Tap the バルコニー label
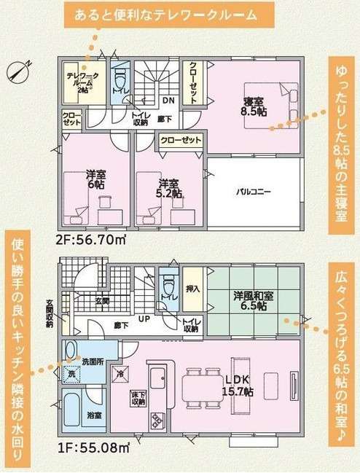pyautogui.click(x=253, y=192)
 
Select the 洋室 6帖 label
pyautogui.click(x=93, y=179)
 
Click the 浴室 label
pyautogui.click(x=95, y=415)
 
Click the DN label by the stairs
pyautogui.click(x=168, y=100)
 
